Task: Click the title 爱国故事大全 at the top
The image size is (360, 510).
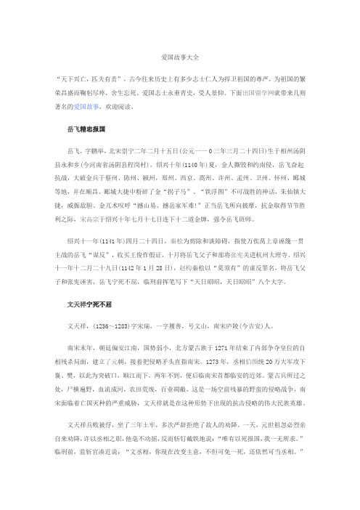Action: tap(180, 55)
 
